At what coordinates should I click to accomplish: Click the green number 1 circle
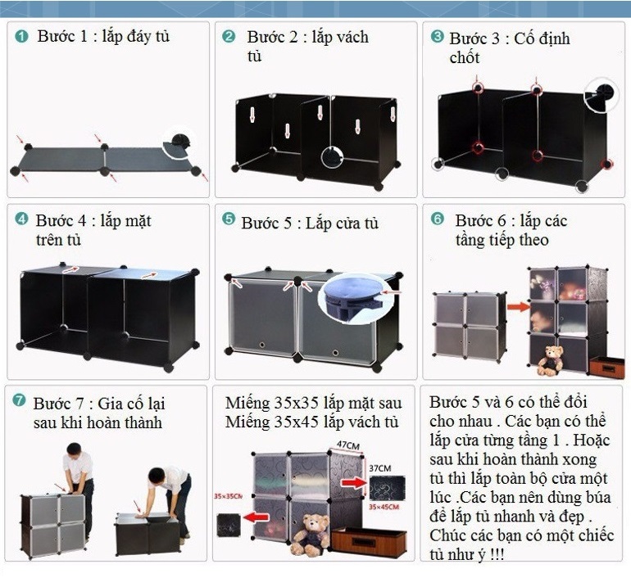coord(21,36)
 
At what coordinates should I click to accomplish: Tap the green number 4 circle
coord(21,219)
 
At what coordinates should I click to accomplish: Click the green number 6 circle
coord(438,219)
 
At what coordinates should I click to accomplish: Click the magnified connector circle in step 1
coord(179,143)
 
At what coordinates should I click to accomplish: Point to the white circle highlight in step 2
coord(333,156)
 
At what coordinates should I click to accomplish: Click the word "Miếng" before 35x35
coord(247,403)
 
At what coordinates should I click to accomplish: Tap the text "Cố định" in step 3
coord(542,38)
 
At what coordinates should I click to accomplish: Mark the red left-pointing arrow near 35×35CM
coord(256,518)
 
